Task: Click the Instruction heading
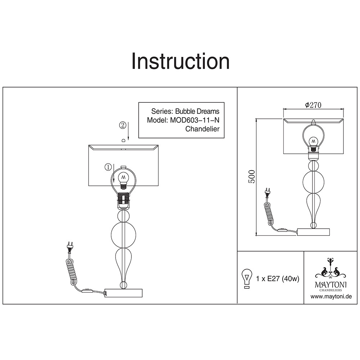tap(180, 61)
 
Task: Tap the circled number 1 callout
tap(108, 167)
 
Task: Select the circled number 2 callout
tap(123, 125)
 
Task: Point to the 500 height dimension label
tap(252, 176)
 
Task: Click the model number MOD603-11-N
tap(195, 120)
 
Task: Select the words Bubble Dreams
tap(197, 111)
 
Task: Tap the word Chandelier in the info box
tap(202, 129)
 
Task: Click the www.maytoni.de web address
tap(331, 296)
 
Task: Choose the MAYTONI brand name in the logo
tap(331, 285)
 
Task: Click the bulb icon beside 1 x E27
tap(247, 279)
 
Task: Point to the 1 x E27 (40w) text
tap(278, 279)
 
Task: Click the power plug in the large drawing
tap(69, 247)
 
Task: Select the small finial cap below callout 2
tap(123, 140)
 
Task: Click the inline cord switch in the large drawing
tap(87, 291)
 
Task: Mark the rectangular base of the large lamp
tap(123, 293)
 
